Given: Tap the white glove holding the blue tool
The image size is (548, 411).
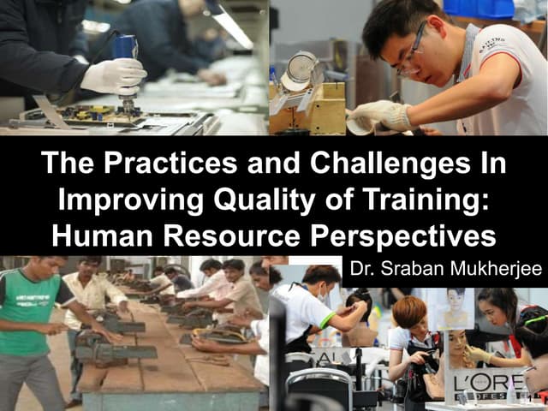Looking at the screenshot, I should point(114,76).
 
